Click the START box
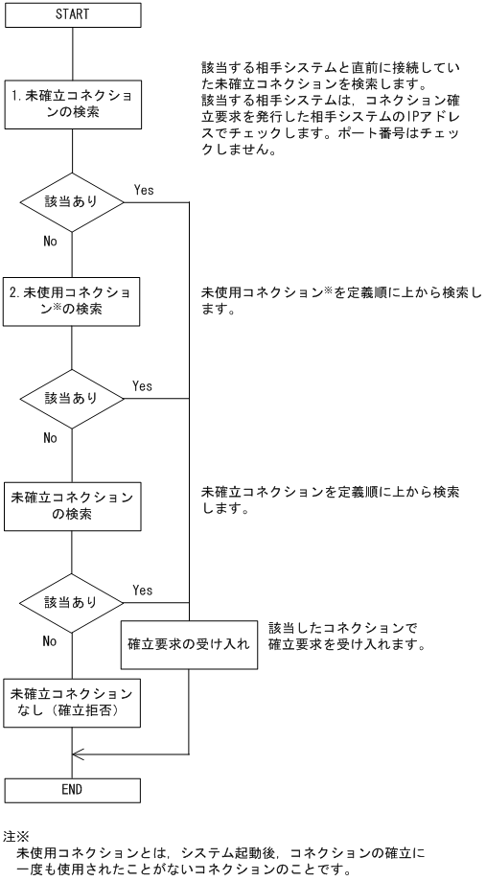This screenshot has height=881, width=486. click(x=73, y=15)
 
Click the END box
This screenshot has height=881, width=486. click(x=73, y=789)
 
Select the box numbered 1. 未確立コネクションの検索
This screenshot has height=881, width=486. click(x=73, y=105)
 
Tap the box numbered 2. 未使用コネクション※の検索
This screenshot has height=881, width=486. click(x=73, y=301)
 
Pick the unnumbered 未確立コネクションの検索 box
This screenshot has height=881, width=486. click(x=73, y=505)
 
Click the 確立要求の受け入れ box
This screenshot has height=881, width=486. click(x=190, y=644)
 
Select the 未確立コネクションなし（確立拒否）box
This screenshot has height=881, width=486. click(x=73, y=703)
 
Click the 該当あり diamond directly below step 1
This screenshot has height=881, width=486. click(x=73, y=204)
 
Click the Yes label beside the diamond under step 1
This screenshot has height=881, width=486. click(x=143, y=191)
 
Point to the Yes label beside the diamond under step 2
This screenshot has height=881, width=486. click(x=142, y=385)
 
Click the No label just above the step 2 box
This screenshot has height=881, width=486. click(x=50, y=242)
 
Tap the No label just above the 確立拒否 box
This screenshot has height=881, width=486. click(x=50, y=641)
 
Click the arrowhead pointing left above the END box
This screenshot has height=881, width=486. click(x=80, y=755)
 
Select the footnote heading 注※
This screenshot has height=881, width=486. click(x=16, y=837)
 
